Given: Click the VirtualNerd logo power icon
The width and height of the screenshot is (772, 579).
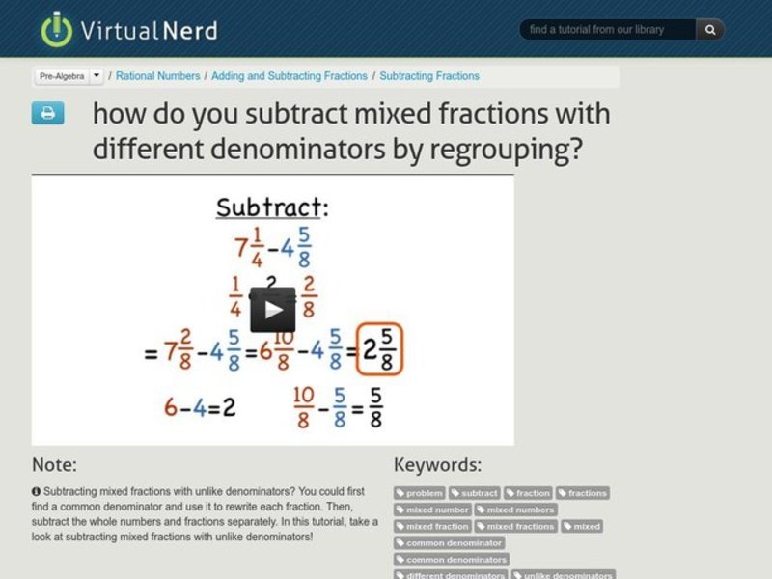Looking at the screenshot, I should pos(57,28).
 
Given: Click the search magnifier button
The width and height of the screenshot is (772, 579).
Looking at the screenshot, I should pos(710,30).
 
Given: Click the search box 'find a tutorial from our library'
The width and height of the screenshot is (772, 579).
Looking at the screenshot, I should pos(608,30).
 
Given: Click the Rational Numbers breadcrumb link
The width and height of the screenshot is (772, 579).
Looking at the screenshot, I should pos(158,76).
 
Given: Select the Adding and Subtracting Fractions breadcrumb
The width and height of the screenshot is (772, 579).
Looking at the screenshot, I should pos(289,76).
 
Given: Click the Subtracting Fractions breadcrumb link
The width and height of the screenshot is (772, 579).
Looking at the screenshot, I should pos(429,76).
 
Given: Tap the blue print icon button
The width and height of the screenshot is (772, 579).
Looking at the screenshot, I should pos(47,114).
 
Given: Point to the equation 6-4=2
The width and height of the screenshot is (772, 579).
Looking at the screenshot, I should pos(200,406).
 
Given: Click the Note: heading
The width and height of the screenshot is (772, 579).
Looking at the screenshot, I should pos(54,465).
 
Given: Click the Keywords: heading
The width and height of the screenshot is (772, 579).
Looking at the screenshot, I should pos(437,465).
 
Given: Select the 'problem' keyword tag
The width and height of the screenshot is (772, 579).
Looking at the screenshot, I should pos(420,493).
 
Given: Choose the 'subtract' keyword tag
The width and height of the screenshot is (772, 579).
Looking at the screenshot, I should pos(475,493).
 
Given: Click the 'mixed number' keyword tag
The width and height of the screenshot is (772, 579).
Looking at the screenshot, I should pos(433,510).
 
